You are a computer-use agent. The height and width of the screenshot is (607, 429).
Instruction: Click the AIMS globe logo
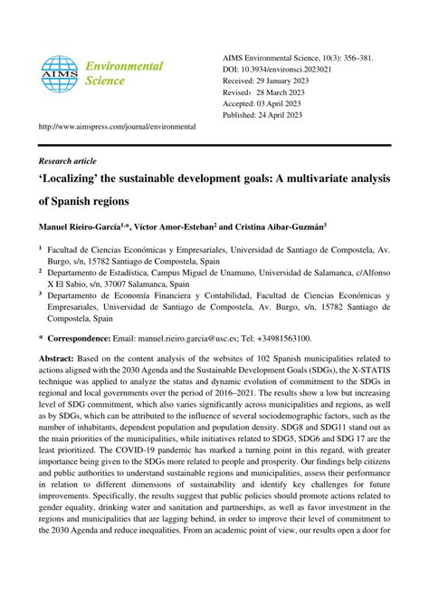click(x=60, y=74)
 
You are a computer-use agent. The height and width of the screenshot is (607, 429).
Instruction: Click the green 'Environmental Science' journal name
click(x=123, y=73)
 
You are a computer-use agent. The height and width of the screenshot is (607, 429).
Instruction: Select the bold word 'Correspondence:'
click(x=85, y=338)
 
